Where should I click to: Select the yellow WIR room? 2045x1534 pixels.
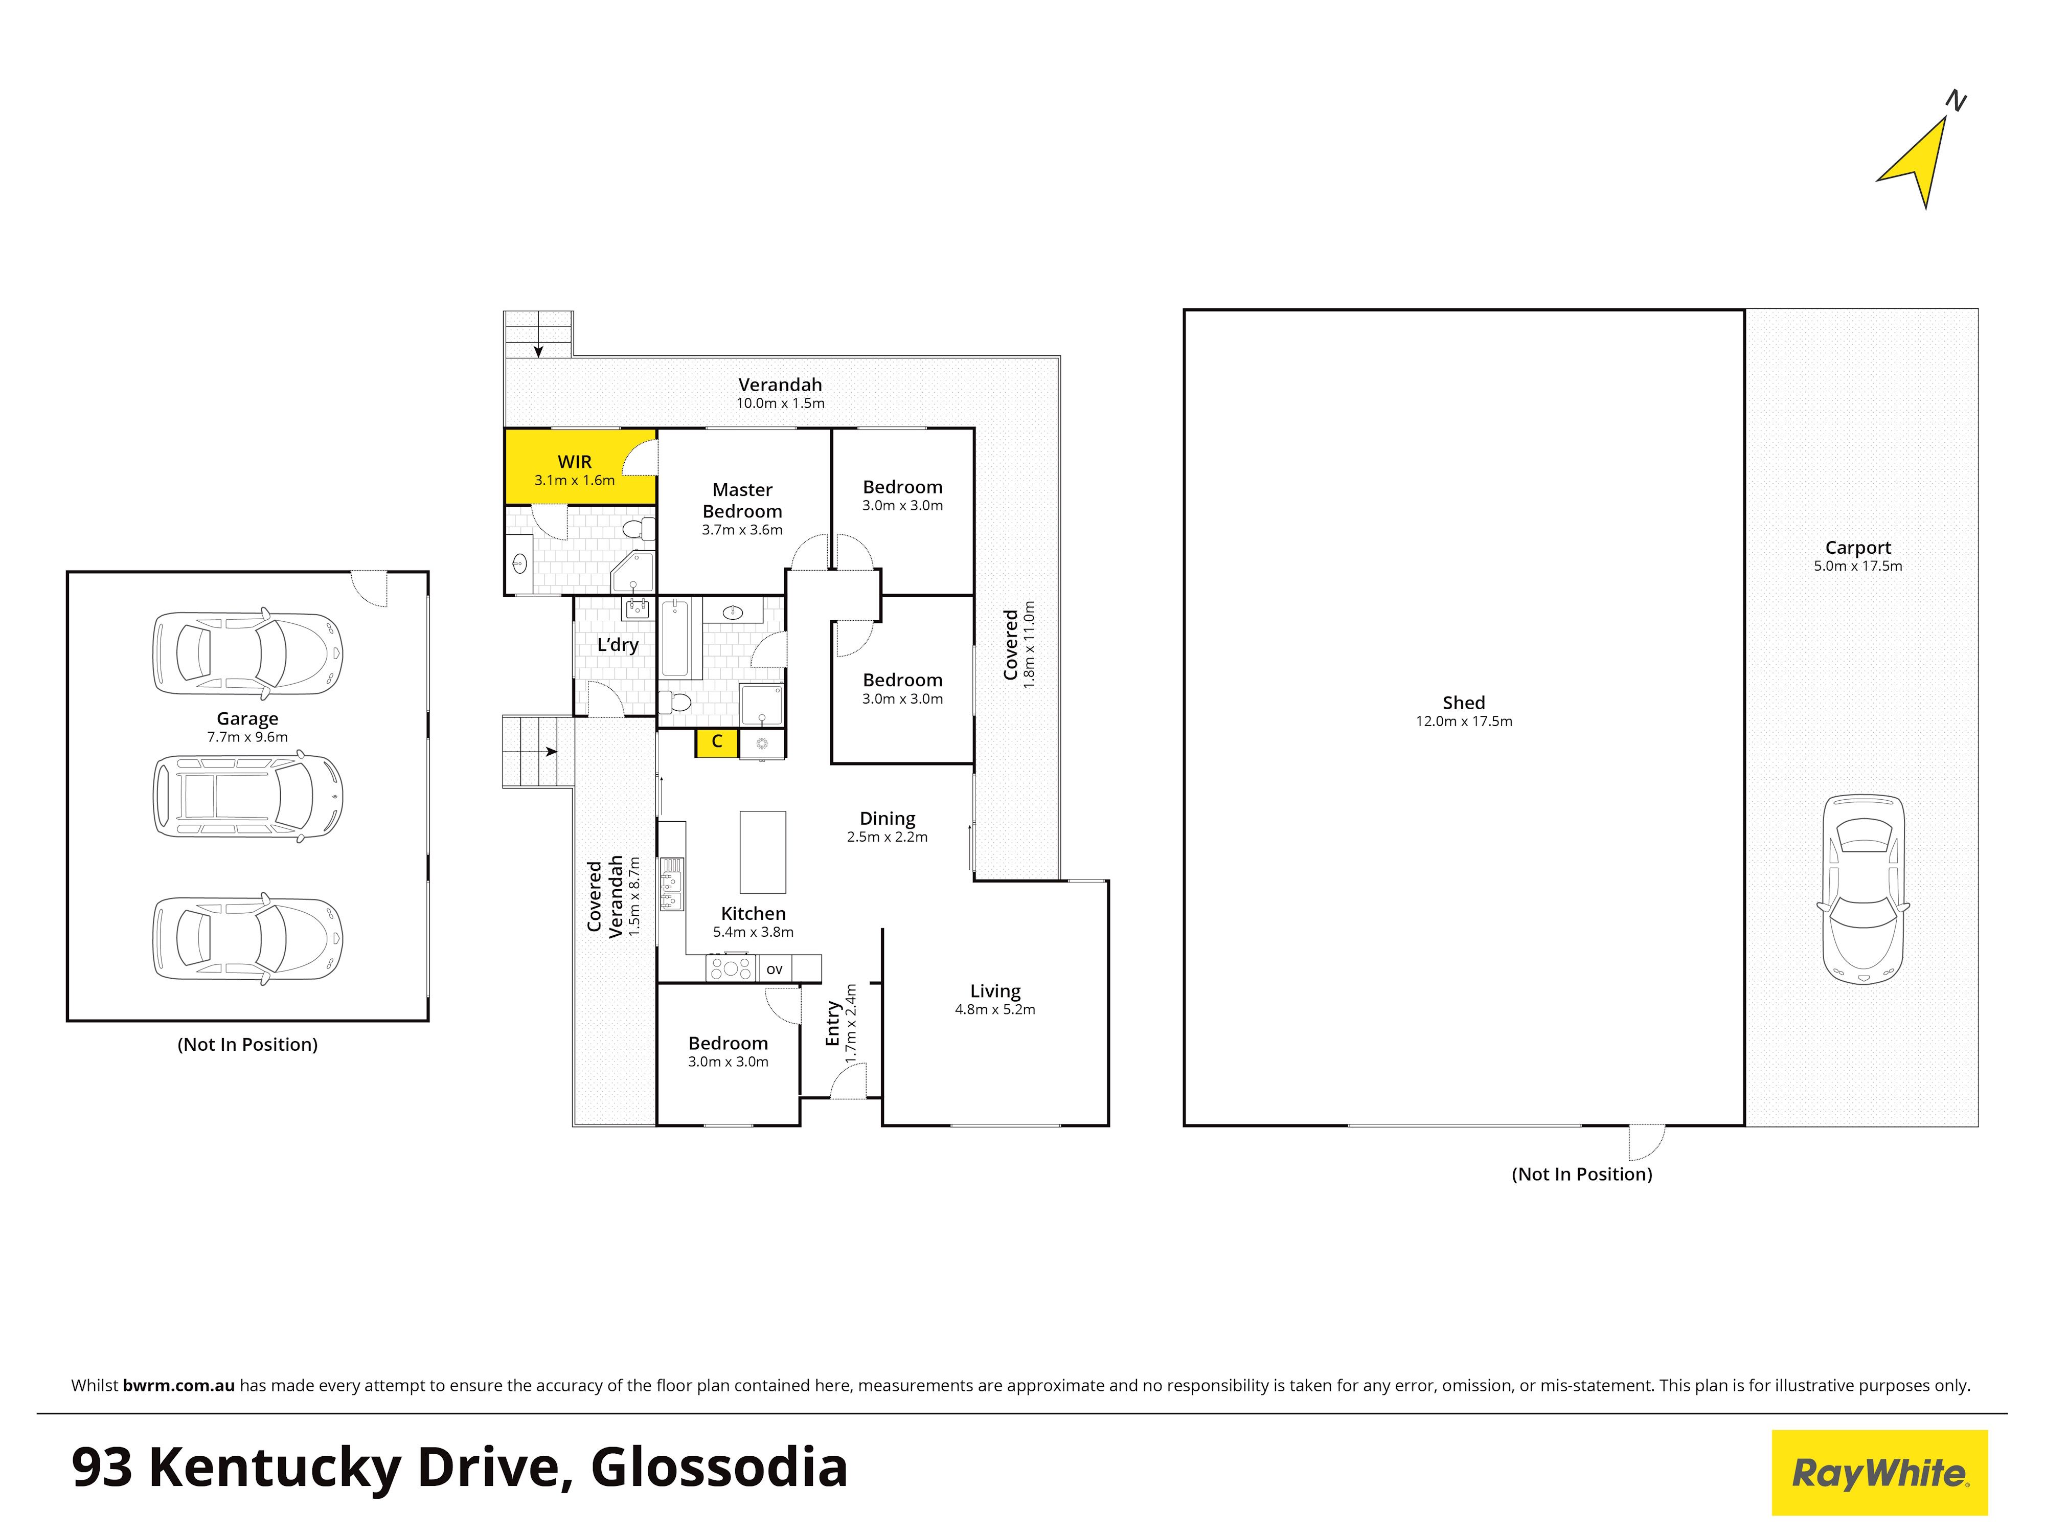(x=580, y=466)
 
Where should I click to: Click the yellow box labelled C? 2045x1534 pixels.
(x=716, y=742)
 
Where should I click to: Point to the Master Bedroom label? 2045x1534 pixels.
(x=742, y=500)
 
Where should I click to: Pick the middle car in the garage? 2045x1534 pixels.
(x=248, y=796)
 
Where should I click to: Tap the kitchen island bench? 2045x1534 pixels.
(x=763, y=851)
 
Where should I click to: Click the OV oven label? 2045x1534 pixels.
(x=775, y=969)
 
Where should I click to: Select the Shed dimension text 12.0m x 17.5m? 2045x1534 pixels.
(x=1464, y=721)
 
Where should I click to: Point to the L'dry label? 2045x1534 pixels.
(x=618, y=644)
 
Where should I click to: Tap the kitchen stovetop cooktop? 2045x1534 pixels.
(x=731, y=968)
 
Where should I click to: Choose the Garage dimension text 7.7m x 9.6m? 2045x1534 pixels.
(x=248, y=737)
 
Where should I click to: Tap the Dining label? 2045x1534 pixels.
(x=888, y=818)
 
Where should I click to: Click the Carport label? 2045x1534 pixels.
(x=1858, y=548)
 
